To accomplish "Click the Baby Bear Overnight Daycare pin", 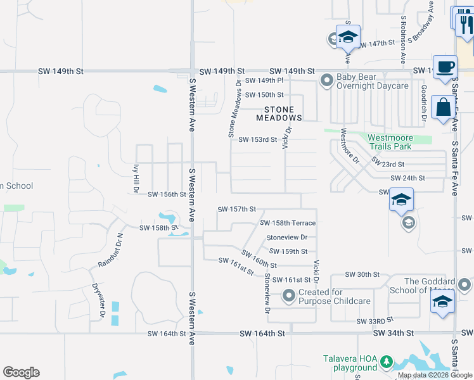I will coord(327,80).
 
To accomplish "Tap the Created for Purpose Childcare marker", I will coord(289,296).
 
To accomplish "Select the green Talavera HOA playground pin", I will coord(385,363).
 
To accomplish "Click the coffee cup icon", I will coord(445,66).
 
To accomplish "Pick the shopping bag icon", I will coord(442,108).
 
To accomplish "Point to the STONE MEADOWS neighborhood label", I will coord(279,113).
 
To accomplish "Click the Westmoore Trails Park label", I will coord(390,142).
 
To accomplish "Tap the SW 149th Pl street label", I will coord(264,81).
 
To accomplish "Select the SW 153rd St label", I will coord(258,140).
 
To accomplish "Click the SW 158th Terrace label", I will coord(288,223).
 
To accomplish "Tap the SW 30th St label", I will coord(362,274).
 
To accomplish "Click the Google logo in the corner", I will coord(22,372).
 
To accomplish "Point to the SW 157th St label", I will coord(236,209).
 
